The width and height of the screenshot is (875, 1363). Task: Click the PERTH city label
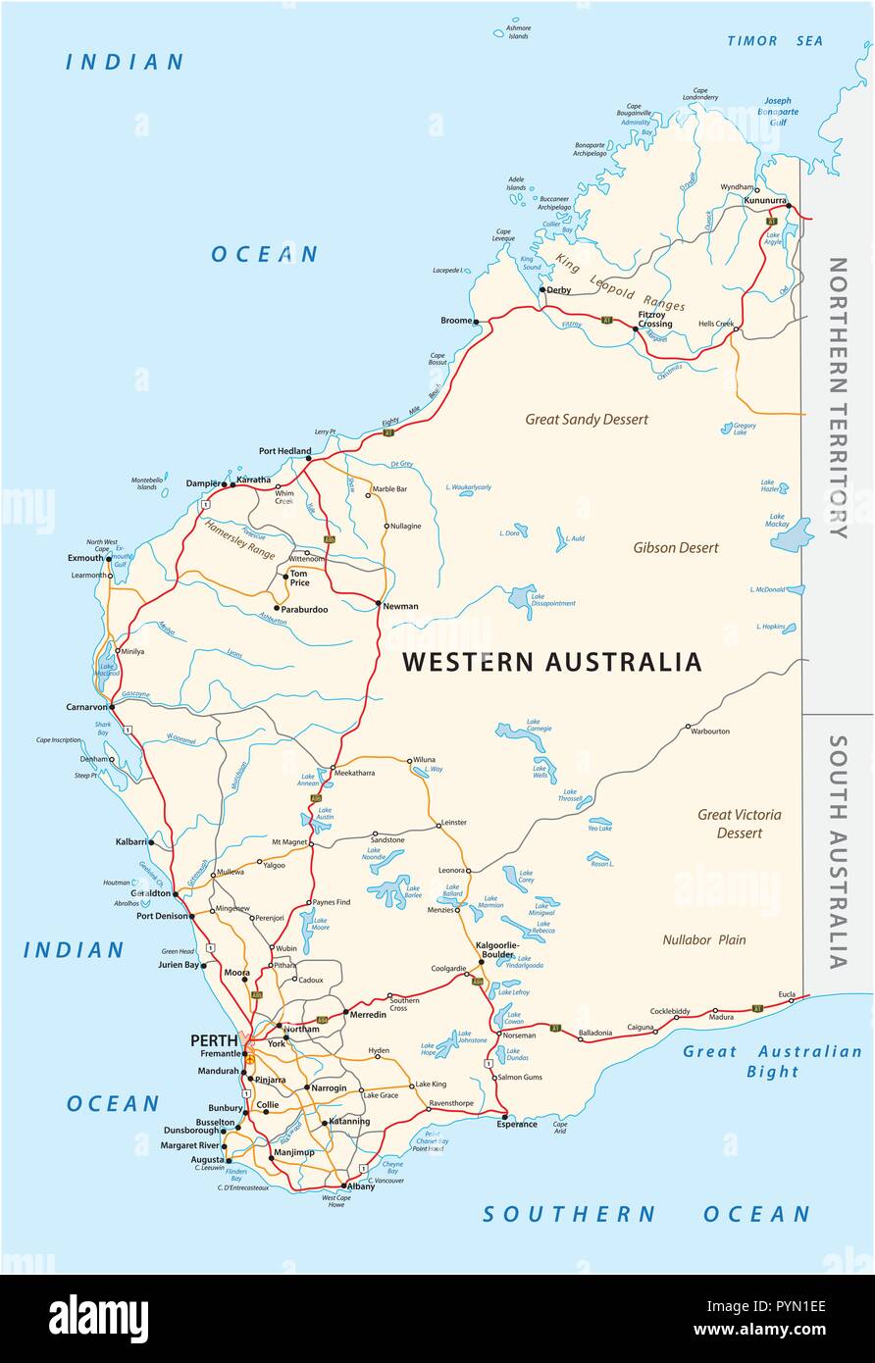pyautogui.click(x=212, y=1039)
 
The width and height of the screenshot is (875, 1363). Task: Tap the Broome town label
pyautogui.click(x=456, y=321)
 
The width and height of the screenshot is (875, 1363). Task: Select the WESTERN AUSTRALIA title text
pyautogui.click(x=551, y=662)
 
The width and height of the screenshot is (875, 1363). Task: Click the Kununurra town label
pyautogui.click(x=765, y=200)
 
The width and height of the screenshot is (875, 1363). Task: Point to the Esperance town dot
pyautogui.click(x=504, y=1116)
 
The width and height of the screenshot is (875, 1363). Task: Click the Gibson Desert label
pyautogui.click(x=675, y=548)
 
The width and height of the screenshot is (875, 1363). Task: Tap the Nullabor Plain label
pyautogui.click(x=703, y=939)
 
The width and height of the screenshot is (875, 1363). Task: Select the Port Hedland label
pyautogui.click(x=284, y=451)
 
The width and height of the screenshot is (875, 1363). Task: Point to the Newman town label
pyautogui.click(x=400, y=606)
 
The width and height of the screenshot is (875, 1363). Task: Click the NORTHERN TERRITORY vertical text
pyautogui.click(x=837, y=397)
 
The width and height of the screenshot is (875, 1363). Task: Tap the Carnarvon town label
pyautogui.click(x=87, y=705)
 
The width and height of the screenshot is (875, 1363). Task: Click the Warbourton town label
pyautogui.click(x=710, y=731)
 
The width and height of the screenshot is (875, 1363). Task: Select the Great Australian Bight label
pyautogui.click(x=772, y=1061)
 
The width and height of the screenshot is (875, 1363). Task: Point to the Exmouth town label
pyautogui.click(x=85, y=558)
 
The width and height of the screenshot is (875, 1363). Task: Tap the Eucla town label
pyautogui.click(x=787, y=993)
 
